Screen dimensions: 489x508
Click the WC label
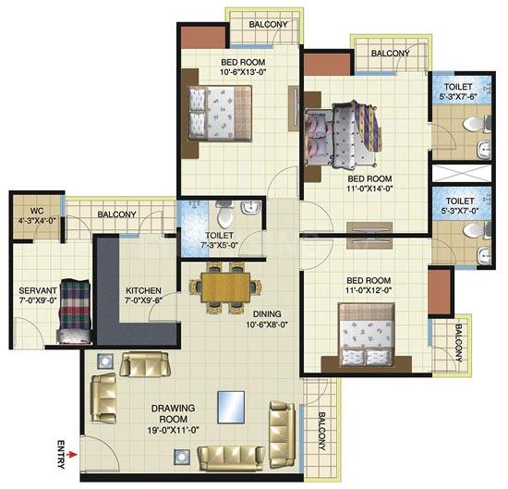pyautogui.click(x=35, y=209)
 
